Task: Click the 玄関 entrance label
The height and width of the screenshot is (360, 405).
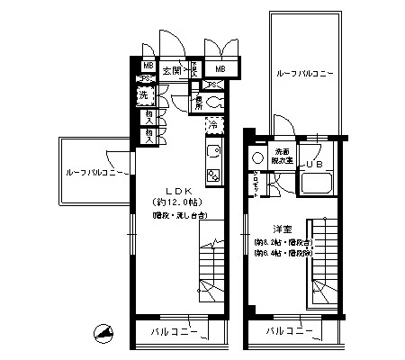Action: [x=171, y=68]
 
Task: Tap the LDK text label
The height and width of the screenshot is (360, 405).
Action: [x=176, y=191]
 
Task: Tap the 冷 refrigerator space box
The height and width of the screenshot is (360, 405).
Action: [x=213, y=125]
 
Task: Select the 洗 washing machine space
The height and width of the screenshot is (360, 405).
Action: [x=144, y=95]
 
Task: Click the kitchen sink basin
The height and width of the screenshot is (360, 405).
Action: [x=214, y=152]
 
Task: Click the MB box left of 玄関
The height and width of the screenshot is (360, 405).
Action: [x=148, y=66]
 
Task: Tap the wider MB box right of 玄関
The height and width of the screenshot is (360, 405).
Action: [x=219, y=68]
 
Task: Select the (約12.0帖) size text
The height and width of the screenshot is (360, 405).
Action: [x=176, y=203]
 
